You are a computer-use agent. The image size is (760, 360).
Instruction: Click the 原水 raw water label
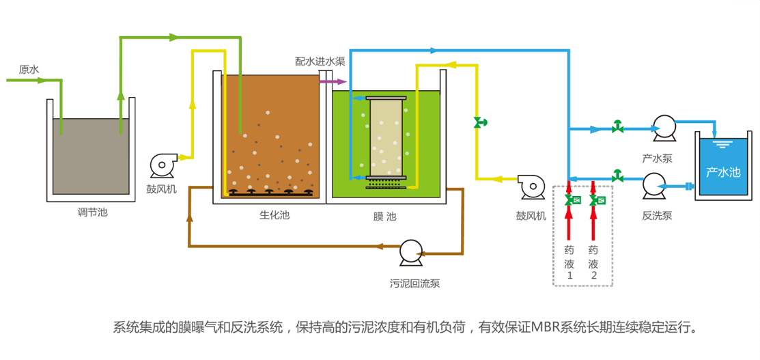point(29,70)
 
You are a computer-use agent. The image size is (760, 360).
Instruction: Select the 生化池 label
point(274,215)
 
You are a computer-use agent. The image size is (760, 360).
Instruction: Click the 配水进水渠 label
point(320,61)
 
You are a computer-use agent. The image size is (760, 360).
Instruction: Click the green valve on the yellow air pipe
point(479,123)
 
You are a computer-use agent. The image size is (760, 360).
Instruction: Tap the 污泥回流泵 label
point(414,283)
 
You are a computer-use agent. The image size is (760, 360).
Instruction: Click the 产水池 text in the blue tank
point(723,171)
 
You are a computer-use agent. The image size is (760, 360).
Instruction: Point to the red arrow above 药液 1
point(568,219)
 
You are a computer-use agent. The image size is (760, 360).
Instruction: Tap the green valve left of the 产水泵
point(617,127)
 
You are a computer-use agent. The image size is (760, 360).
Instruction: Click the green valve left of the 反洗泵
point(617,174)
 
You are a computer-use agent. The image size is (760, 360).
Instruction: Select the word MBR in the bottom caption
point(546,327)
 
